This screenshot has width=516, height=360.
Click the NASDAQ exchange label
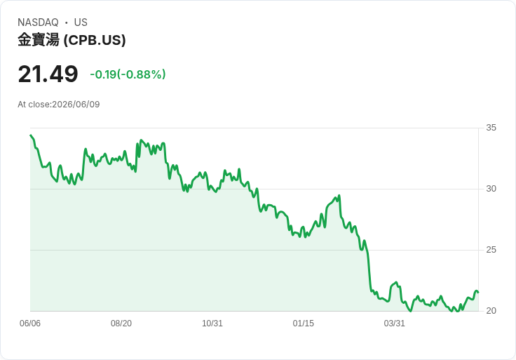(38, 22)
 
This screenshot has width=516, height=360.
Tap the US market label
(81, 22)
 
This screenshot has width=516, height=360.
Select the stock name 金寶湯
(39, 40)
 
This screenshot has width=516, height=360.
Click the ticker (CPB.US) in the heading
(95, 40)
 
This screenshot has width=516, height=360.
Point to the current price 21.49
(48, 74)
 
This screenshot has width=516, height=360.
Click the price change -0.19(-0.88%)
(128, 74)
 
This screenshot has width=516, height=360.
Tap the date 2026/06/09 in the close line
(76, 105)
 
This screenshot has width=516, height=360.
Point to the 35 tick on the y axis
(491, 128)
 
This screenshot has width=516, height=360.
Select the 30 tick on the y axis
(491, 189)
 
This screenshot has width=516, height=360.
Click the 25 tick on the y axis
(491, 250)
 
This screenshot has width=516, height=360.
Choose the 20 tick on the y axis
(491, 311)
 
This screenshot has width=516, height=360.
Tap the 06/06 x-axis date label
(30, 324)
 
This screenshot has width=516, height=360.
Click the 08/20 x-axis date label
(121, 324)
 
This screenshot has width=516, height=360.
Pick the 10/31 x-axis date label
(212, 324)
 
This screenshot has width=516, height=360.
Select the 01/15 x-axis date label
(304, 324)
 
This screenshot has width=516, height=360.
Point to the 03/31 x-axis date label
(394, 324)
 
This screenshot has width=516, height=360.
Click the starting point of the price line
(31, 135)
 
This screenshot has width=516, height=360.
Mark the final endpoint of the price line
(478, 293)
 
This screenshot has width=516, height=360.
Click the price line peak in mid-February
(339, 196)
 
